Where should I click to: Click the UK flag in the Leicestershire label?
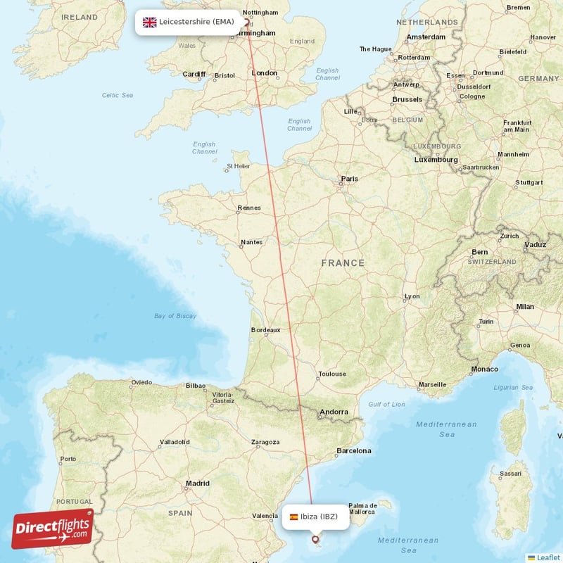(x=149, y=22)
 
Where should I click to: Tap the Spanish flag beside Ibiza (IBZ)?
(x=293, y=517)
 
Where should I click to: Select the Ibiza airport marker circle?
(x=315, y=540)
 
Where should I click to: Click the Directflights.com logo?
(x=53, y=529)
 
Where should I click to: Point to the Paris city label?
(x=349, y=179)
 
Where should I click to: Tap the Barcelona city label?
(x=353, y=450)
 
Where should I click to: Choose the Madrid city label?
(x=197, y=483)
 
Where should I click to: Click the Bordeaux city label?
(x=266, y=329)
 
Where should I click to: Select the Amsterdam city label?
(x=426, y=37)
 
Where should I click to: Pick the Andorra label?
(x=334, y=412)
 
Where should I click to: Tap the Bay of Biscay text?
(x=175, y=316)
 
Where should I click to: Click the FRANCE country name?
(x=343, y=263)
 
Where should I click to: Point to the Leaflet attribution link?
(x=548, y=557)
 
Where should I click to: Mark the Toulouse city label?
(x=332, y=374)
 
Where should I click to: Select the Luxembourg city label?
(x=436, y=160)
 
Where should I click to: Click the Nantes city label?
(x=251, y=242)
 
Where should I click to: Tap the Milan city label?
(x=524, y=307)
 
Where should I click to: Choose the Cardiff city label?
(x=194, y=74)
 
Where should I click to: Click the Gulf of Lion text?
(x=386, y=404)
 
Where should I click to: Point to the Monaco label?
(x=484, y=369)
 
